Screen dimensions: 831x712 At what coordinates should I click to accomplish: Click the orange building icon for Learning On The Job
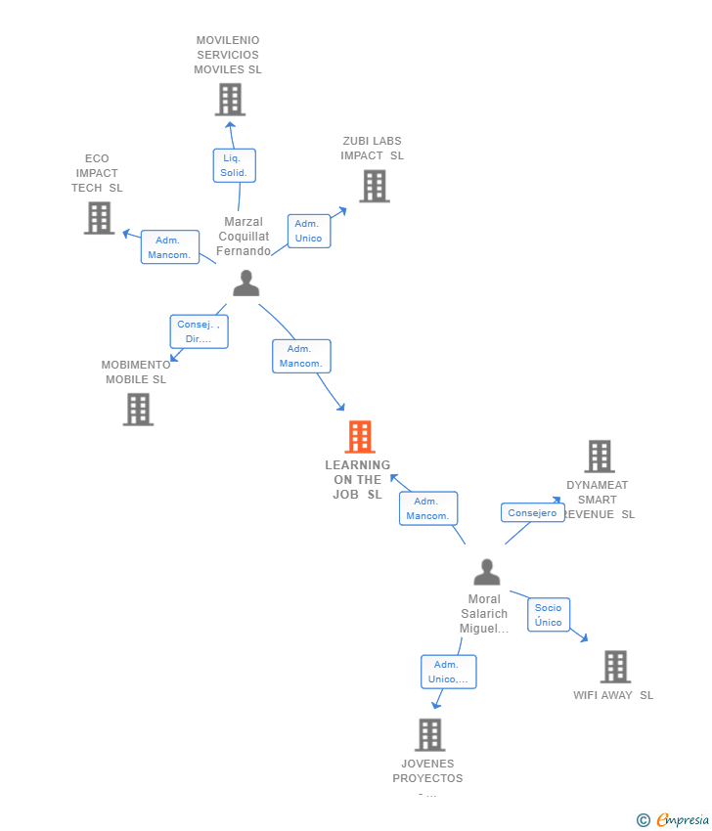[x=360, y=437]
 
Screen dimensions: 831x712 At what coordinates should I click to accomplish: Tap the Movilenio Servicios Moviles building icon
[x=230, y=100]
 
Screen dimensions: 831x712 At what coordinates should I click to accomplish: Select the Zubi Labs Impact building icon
[x=374, y=186]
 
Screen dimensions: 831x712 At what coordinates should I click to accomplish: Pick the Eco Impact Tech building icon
[x=99, y=218]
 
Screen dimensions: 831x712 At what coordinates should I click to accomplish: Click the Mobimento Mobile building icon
[x=138, y=409]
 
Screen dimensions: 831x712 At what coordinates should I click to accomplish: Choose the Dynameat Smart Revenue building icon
[x=599, y=456]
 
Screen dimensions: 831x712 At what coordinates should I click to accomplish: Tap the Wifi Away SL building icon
[x=614, y=667]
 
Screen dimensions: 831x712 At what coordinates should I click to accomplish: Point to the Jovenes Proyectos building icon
[x=429, y=734]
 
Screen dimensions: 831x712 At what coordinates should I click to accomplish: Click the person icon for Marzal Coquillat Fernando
[x=246, y=284]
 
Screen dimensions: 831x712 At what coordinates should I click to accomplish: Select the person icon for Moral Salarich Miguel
[x=486, y=572]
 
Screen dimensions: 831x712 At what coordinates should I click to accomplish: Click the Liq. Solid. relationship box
[x=234, y=165]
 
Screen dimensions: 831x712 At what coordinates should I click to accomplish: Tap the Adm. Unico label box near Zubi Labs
[x=308, y=231]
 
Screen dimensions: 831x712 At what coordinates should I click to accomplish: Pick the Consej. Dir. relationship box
[x=199, y=331]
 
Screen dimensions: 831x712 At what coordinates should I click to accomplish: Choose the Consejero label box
[x=532, y=512]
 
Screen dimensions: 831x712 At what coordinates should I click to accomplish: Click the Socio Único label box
[x=548, y=615]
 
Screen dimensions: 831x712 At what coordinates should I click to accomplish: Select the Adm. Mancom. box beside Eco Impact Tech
[x=169, y=247]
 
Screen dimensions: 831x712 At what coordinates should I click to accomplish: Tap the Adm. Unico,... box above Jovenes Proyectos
[x=448, y=672]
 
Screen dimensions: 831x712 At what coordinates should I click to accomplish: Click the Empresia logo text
[x=683, y=820]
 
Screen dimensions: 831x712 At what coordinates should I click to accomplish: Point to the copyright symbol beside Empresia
[x=643, y=820]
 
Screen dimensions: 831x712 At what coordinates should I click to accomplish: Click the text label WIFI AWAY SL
[x=613, y=695]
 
